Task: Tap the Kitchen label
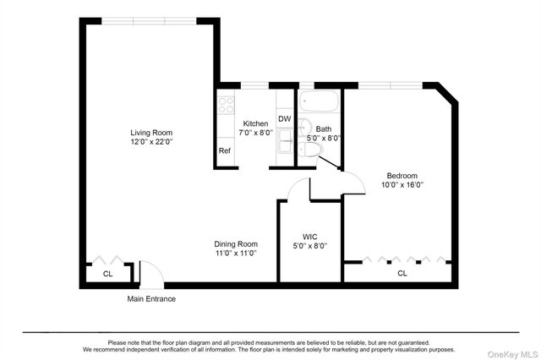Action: pos(255,123)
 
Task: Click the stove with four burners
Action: pos(227,105)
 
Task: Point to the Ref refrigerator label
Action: pos(225,150)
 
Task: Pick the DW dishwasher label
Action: pos(284,119)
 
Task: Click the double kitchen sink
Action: pos(284,140)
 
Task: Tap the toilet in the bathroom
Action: pos(309,150)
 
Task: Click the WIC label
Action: pos(309,237)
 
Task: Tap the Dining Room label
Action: pos(235,243)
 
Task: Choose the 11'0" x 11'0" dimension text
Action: pos(235,253)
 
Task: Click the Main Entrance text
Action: pos(151,298)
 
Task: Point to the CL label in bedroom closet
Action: pos(402,273)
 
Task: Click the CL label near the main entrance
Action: pos(107,274)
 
